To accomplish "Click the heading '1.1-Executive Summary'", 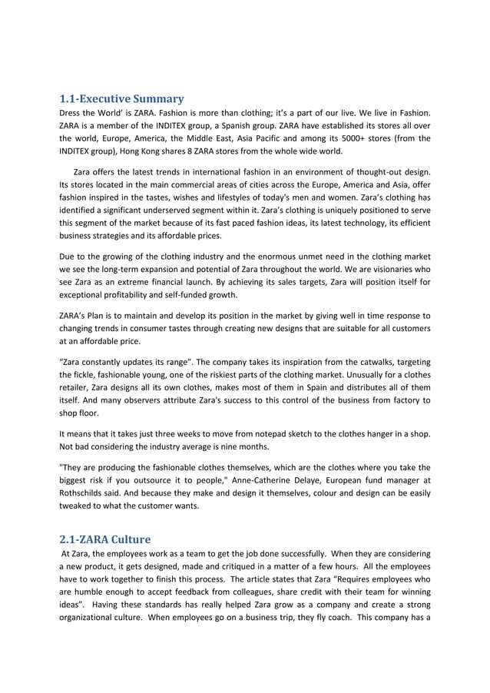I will point(121,99).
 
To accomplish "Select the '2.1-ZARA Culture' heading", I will point(105,539).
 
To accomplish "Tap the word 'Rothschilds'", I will point(85,492).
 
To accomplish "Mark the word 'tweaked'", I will point(79,505).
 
